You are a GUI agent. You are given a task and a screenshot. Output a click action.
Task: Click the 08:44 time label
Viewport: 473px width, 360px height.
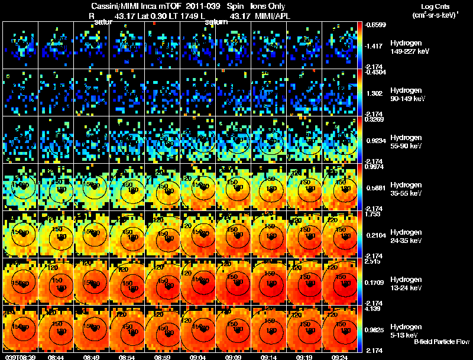pyautogui.click(x=56, y=357)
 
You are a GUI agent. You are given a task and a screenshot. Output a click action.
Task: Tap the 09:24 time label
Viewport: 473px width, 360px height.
pyautogui.click(x=340, y=357)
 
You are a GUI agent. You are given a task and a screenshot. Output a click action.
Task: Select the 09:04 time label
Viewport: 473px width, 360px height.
pyautogui.click(x=198, y=357)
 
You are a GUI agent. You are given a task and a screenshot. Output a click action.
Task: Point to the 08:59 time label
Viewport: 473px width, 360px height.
pyautogui.click(x=162, y=357)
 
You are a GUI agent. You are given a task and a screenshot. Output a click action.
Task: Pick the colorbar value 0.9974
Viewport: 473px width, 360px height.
pyautogui.click(x=375, y=167)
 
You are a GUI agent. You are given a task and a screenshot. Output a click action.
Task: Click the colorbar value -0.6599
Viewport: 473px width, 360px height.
pyautogui.click(x=375, y=25)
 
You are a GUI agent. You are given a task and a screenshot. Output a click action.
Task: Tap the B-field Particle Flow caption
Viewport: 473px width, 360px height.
pyautogui.click(x=442, y=342)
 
